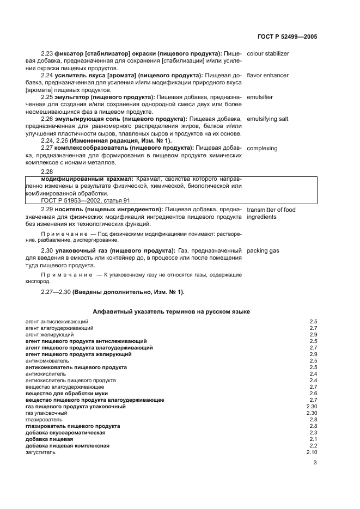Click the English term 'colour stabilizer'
pos(268,54)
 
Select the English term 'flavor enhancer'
pos(267,75)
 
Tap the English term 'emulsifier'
pos(260,97)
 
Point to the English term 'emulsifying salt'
pos(267,119)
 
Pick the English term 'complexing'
pos(262,148)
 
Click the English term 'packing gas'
pos(263,251)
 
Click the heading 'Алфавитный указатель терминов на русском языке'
pos(171,311)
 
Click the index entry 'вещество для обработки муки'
pos(66,393)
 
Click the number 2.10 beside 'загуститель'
pos(312,452)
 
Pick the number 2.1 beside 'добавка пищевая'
pos(313,439)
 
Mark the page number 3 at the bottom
pos(315,464)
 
